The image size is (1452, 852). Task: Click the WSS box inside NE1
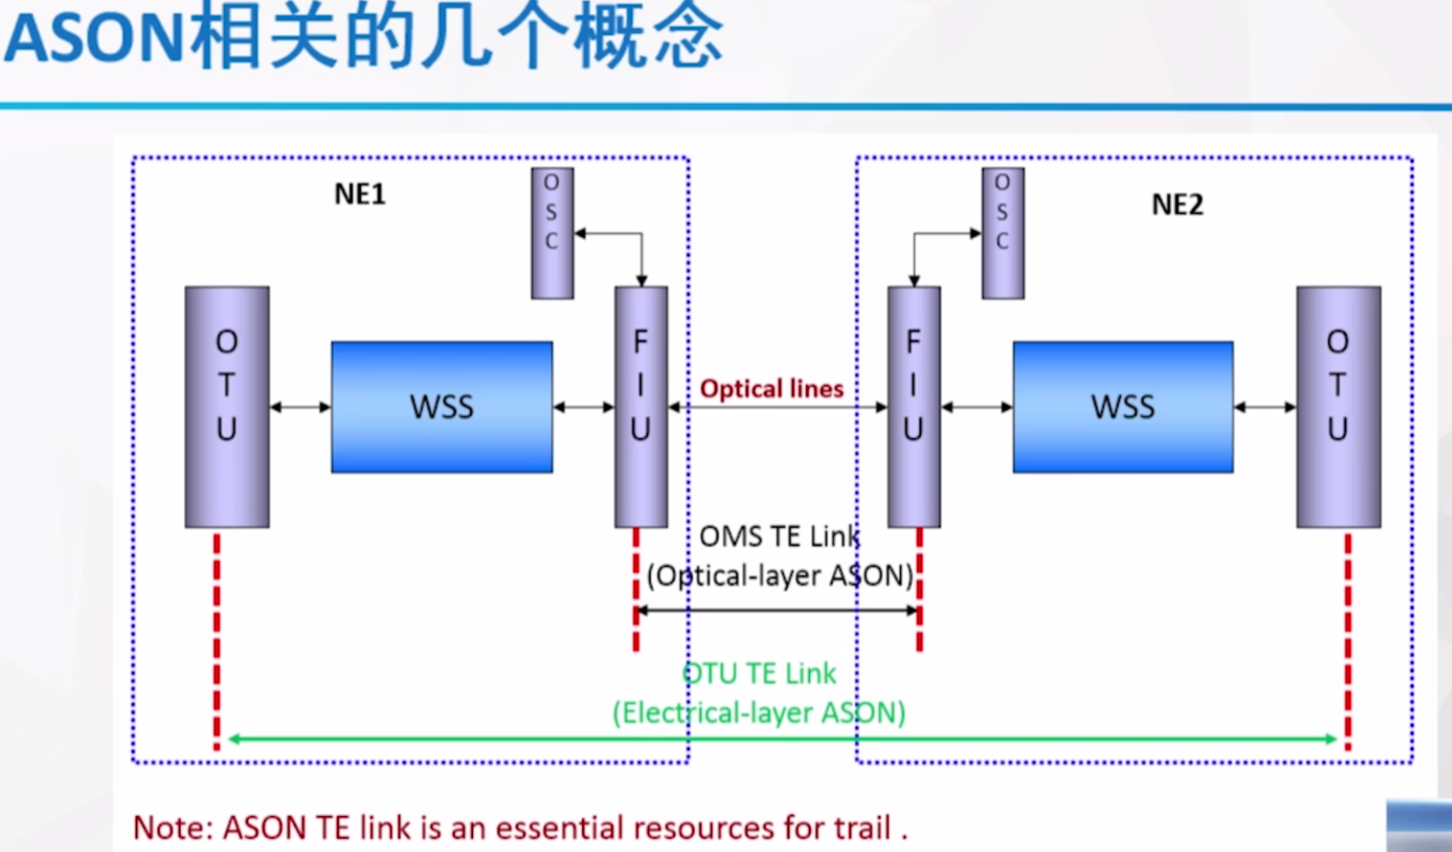point(442,407)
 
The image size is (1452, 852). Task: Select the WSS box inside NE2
point(1122,407)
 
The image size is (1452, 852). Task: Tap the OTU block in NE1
point(227,407)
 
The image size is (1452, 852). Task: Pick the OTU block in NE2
point(1338,407)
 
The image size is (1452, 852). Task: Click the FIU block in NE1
point(640,407)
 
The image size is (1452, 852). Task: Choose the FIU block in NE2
point(913,407)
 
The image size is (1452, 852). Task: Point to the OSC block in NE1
point(552,233)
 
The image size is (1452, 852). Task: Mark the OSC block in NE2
point(1002,233)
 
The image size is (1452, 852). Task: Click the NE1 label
point(359,194)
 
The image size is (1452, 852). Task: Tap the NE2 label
point(1177,205)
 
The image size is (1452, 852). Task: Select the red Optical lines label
point(771,389)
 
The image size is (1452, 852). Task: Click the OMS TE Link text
point(778,537)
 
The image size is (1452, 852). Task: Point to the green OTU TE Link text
point(759,674)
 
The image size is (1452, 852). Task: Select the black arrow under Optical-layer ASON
point(777,611)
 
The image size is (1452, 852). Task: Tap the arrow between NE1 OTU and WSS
point(300,408)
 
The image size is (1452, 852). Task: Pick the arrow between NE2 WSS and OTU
point(1265,408)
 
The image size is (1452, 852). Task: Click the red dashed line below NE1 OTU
point(217,641)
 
